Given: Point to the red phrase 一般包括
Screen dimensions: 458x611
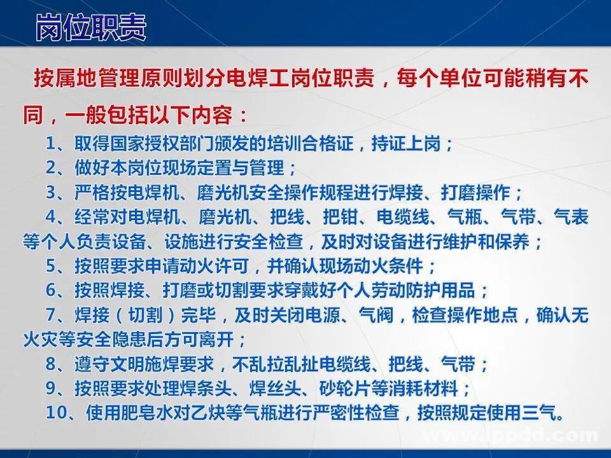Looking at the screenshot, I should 103,117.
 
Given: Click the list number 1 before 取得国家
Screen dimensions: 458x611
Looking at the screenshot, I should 50,144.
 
